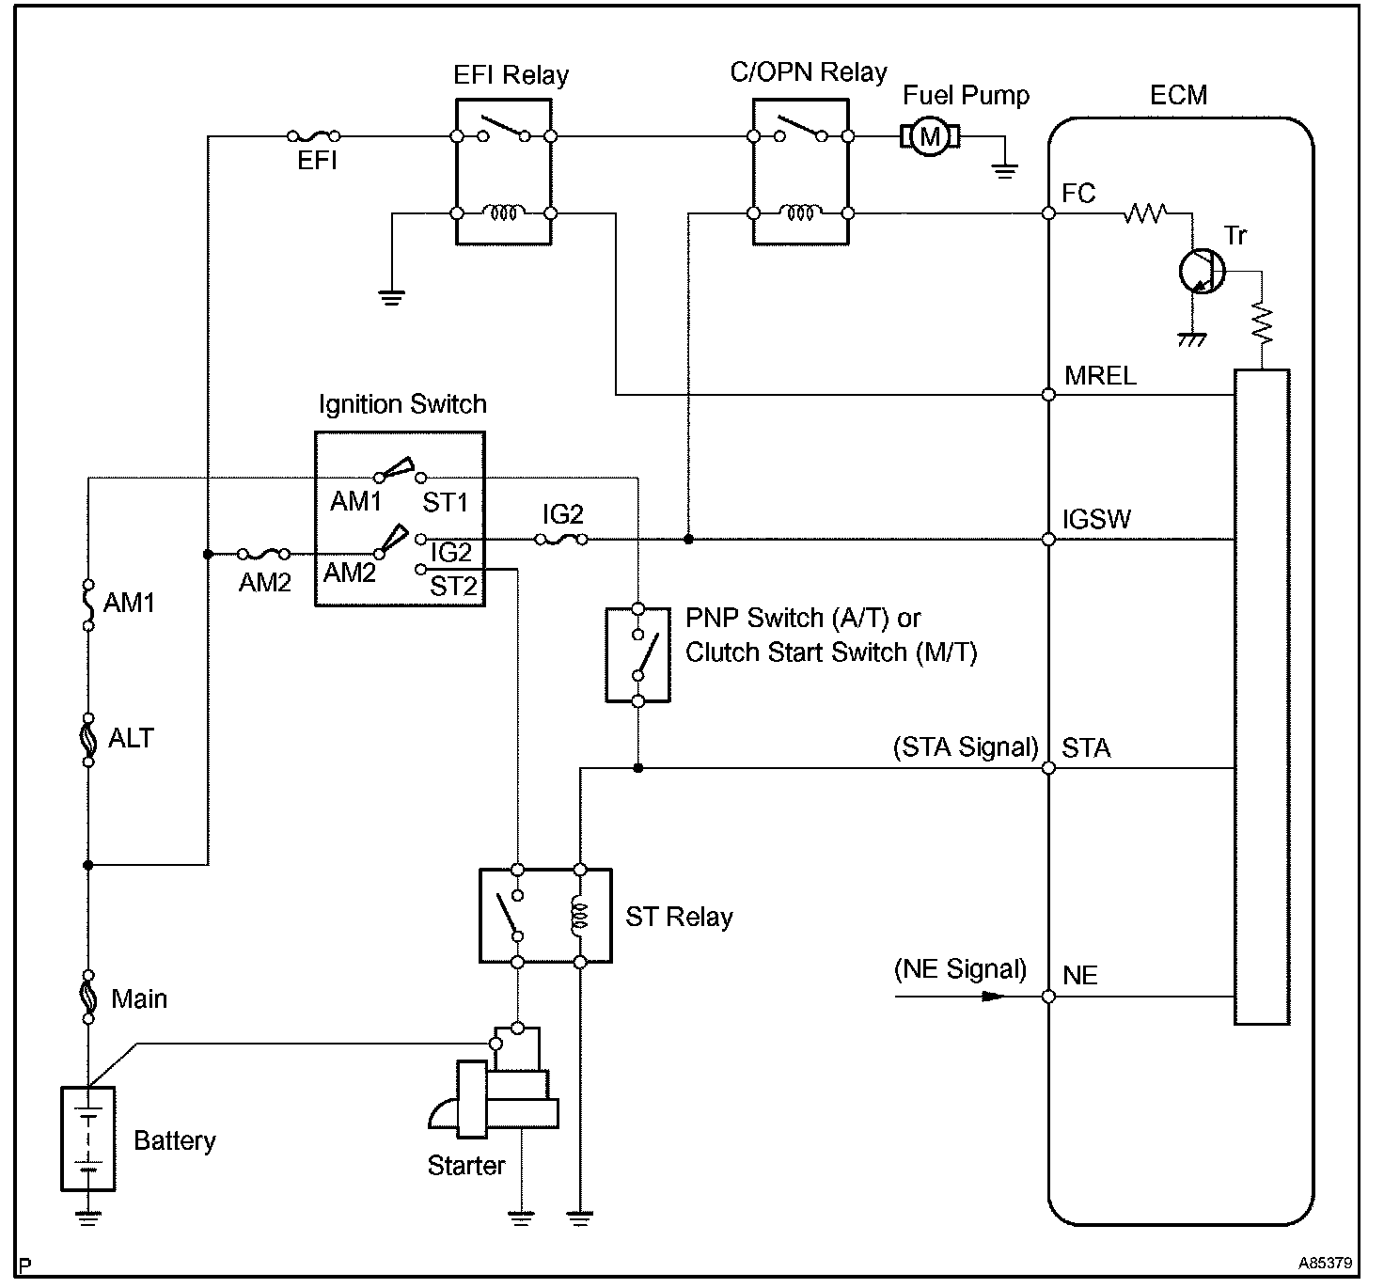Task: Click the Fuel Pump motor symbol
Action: click(930, 137)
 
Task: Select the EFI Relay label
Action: click(511, 75)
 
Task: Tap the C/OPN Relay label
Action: click(808, 72)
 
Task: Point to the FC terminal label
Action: click(1078, 193)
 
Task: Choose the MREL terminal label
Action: click(1100, 376)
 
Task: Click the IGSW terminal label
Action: click(1096, 519)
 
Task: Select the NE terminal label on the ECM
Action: click(1079, 976)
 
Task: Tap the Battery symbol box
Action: click(88, 1139)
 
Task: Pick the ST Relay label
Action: click(679, 918)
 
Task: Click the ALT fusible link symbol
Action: click(88, 739)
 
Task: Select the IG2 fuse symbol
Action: click(561, 540)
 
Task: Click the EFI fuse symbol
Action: click(313, 136)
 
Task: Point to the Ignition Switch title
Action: click(402, 404)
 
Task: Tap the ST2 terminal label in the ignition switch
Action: click(453, 587)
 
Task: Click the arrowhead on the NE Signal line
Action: click(993, 997)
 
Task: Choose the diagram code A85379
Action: click(1326, 1263)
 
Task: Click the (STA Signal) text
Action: click(966, 747)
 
